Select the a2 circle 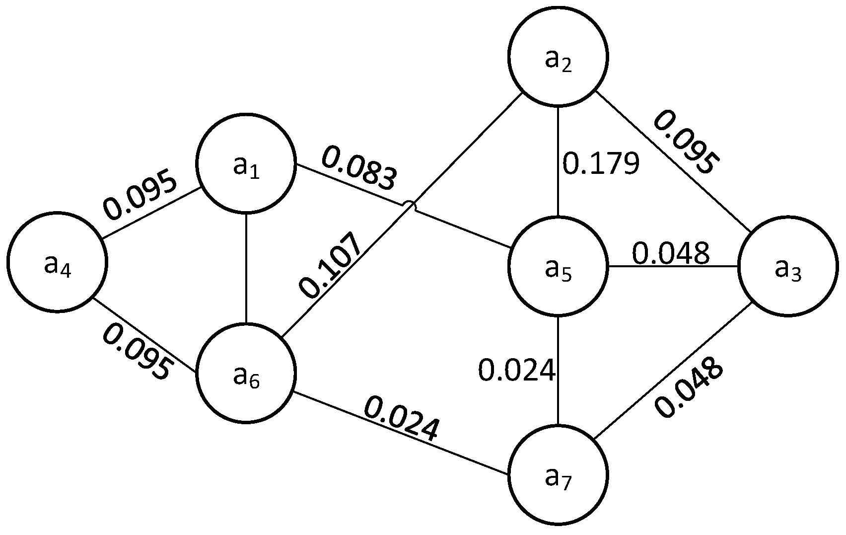click(559, 56)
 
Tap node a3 click(788, 266)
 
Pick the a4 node click(57, 262)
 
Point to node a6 click(246, 373)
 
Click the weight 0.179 click(600, 163)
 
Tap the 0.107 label click(329, 265)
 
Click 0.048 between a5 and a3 click(670, 253)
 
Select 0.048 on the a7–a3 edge click(688, 387)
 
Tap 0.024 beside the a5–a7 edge click(516, 371)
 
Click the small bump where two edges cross click(409, 205)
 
